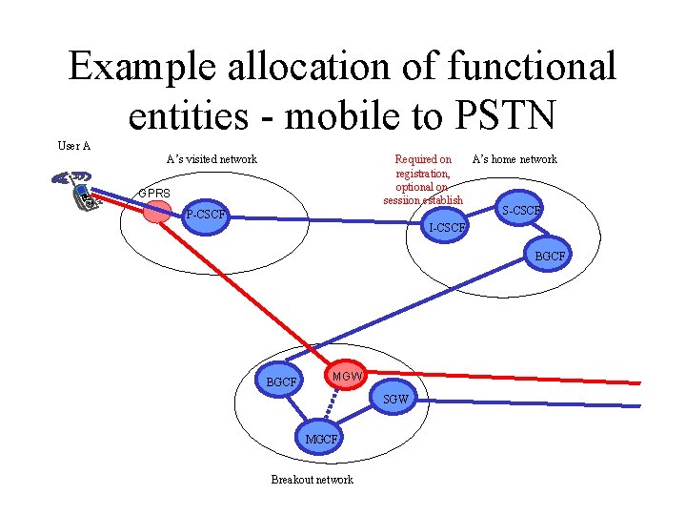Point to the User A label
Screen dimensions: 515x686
coord(74,146)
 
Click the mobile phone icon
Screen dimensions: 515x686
coord(78,189)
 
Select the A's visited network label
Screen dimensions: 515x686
coord(212,159)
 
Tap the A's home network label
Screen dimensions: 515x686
coord(514,159)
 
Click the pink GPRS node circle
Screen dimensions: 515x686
coord(157,212)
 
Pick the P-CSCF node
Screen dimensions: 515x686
coord(206,214)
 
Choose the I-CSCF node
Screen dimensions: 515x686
coord(448,227)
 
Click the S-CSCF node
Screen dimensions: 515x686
coord(522,210)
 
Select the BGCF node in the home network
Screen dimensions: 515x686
coord(550,257)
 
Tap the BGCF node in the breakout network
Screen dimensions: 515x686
coord(282,381)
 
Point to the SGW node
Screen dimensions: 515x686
coord(395,400)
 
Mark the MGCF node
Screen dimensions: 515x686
coord(321,440)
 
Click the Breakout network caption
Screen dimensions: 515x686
coord(312,480)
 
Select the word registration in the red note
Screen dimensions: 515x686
coord(423,174)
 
